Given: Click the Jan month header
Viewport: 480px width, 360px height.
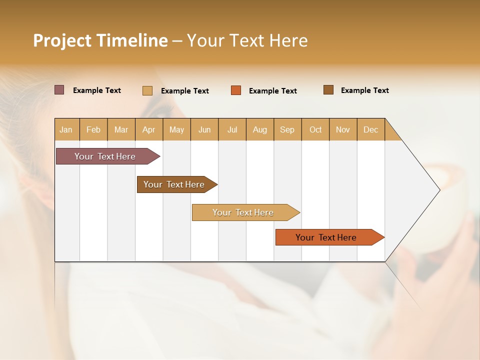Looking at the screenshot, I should pyautogui.click(x=66, y=129).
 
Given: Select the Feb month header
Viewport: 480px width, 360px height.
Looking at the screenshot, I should pyautogui.click(x=93, y=129).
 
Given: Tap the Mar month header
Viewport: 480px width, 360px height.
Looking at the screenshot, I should pyautogui.click(x=121, y=129).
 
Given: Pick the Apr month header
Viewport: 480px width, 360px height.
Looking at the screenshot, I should pyautogui.click(x=149, y=129).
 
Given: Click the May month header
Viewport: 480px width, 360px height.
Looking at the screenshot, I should pyautogui.click(x=176, y=129).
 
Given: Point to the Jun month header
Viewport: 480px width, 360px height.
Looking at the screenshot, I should pyautogui.click(x=204, y=129).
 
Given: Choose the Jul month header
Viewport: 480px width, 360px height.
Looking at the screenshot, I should pyautogui.click(x=232, y=129).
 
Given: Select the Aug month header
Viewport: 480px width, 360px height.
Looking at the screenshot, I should pyautogui.click(x=260, y=129).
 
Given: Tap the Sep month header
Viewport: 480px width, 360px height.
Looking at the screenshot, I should pyautogui.click(x=287, y=129).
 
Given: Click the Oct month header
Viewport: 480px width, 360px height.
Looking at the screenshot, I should pyautogui.click(x=315, y=129).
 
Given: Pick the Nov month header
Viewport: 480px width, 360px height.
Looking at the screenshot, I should pyautogui.click(x=343, y=129).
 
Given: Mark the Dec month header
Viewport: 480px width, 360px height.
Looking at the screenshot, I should pyautogui.click(x=371, y=129).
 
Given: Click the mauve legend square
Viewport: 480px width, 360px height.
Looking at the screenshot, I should pyautogui.click(x=59, y=90).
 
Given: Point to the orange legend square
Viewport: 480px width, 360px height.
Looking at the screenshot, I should pyautogui.click(x=236, y=90).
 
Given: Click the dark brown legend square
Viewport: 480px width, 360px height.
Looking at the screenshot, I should pyautogui.click(x=328, y=90).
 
